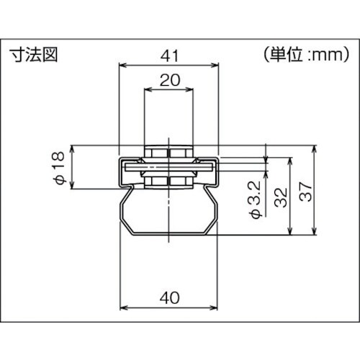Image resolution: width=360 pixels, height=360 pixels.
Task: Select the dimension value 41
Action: [x=169, y=55]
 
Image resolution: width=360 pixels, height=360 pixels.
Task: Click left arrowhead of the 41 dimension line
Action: [x=122, y=66]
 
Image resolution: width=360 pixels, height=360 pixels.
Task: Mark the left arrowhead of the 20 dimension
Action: [x=148, y=91]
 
